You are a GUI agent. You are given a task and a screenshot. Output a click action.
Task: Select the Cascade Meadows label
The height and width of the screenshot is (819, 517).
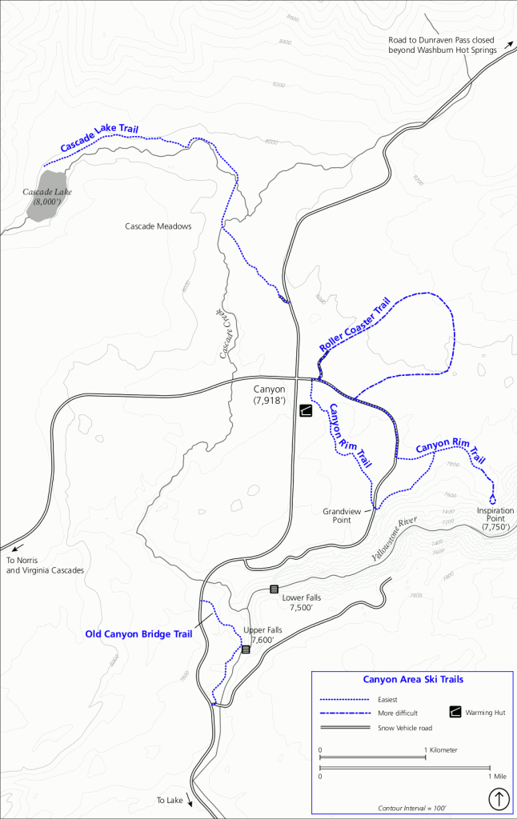tap(158, 226)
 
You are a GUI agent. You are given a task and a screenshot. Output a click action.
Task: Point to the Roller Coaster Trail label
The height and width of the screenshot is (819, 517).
tap(354, 325)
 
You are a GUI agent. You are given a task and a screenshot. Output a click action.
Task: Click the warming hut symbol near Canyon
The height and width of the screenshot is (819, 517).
tap(305, 411)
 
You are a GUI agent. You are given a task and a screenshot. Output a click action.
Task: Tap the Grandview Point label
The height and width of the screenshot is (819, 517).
tap(337, 515)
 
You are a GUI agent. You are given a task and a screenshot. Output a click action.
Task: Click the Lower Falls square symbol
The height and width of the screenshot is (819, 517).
tap(274, 589)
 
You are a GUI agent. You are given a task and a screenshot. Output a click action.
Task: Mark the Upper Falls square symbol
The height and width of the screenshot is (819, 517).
tap(246, 649)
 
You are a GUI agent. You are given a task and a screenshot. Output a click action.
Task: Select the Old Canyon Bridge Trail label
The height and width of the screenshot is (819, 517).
tap(138, 634)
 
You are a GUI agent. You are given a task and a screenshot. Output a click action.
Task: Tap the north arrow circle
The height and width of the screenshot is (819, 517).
tap(499, 798)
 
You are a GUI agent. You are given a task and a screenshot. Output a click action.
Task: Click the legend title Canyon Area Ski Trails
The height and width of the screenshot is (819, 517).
tap(413, 680)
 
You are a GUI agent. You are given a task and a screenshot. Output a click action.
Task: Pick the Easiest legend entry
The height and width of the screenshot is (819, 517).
tap(390, 699)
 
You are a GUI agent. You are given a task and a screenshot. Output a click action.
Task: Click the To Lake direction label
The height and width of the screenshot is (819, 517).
tap(170, 800)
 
